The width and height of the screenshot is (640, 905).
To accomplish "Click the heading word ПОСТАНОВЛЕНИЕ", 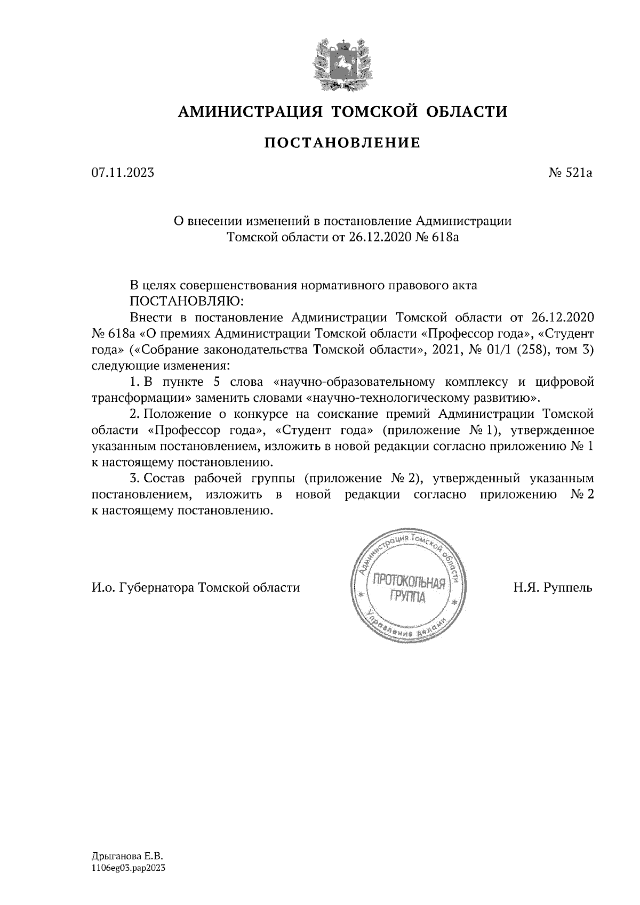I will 342,142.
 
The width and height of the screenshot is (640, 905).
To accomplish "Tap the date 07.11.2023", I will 123,173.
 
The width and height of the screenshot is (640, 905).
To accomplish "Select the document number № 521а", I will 571,173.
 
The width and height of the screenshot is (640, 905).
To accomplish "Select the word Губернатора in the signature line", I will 157,588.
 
